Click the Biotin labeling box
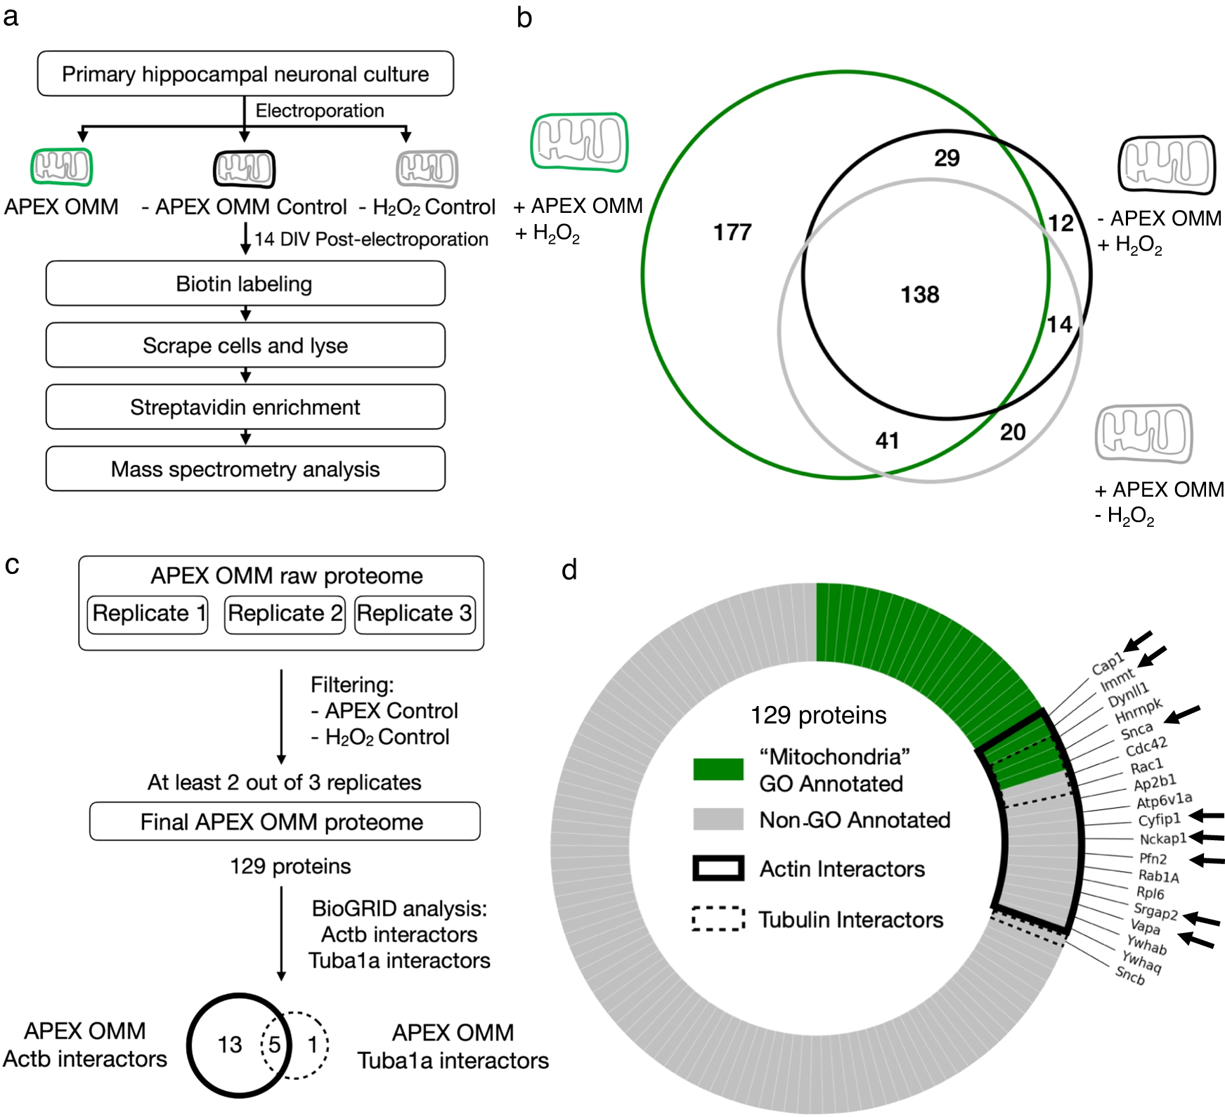pyautogui.click(x=245, y=284)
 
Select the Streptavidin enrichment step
pyautogui.click(x=245, y=407)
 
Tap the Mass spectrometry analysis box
pyautogui.click(x=245, y=469)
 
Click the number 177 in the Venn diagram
pyautogui.click(x=732, y=233)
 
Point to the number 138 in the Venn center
pyautogui.click(x=920, y=294)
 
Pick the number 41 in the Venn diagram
pyautogui.click(x=887, y=440)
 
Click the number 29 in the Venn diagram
pyautogui.click(x=947, y=158)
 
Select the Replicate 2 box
pyautogui.click(x=285, y=614)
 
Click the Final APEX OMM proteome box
pyautogui.click(x=284, y=822)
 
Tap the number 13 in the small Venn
pyautogui.click(x=230, y=1045)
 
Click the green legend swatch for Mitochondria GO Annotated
pyautogui.click(x=718, y=769)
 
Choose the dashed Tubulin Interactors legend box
pyautogui.click(x=718, y=919)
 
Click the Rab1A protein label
pyautogui.click(x=1158, y=876)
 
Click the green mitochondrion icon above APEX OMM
pyautogui.click(x=62, y=167)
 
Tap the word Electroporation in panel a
pyautogui.click(x=320, y=111)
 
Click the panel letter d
pyautogui.click(x=569, y=570)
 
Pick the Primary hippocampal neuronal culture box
pyautogui.click(x=245, y=74)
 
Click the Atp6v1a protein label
pyautogui.click(x=1164, y=800)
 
